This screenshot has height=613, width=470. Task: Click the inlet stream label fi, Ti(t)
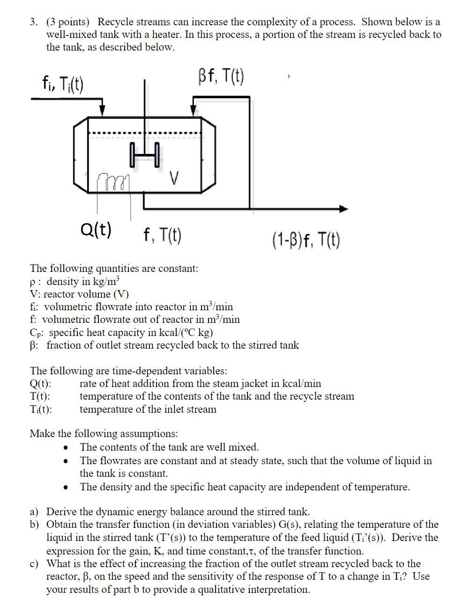[63, 85]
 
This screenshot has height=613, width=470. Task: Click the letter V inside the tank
[174, 178]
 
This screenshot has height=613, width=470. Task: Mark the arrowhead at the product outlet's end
[344, 209]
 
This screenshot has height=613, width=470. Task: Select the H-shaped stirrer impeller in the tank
[145, 155]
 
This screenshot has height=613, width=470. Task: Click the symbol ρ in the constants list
[32, 282]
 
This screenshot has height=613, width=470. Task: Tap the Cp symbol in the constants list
[36, 333]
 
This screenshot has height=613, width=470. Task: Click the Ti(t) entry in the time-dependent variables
[41, 409]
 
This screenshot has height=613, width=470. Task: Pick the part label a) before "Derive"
[35, 512]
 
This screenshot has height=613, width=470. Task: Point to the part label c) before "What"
[35, 563]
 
